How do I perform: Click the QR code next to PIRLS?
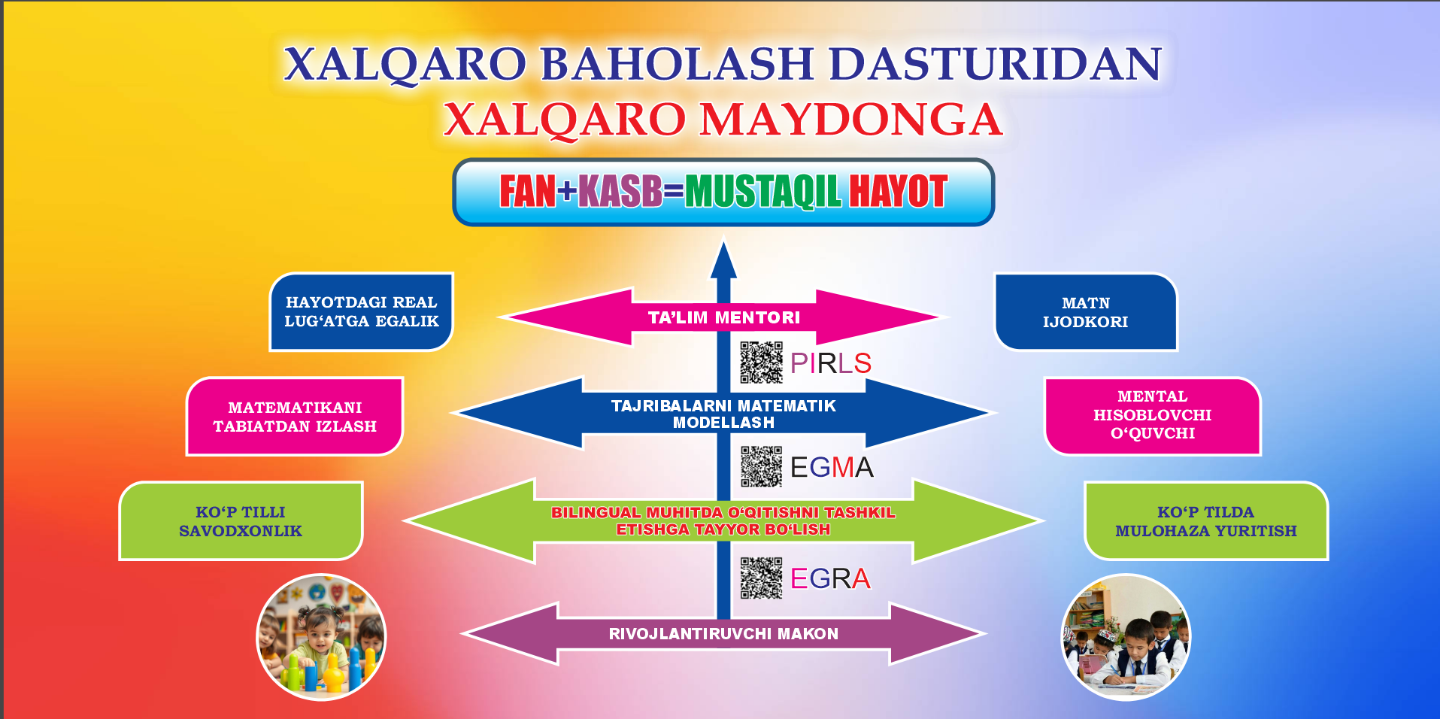coord(761,363)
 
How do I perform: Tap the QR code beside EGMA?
coord(761,467)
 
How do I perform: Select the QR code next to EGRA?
coord(761,578)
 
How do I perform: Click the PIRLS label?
coord(830,363)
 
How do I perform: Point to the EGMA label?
coord(832,467)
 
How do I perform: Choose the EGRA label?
coord(830,578)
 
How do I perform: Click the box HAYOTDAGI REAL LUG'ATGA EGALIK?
coord(361,311)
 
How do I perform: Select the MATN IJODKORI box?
coord(1085,312)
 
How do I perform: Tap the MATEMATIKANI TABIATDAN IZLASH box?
coord(295,417)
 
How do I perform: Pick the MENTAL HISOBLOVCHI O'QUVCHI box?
coord(1152,415)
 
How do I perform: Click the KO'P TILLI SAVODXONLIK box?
coord(241,521)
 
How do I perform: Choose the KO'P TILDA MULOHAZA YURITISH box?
coord(1205,521)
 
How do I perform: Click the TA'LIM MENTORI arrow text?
coord(723,317)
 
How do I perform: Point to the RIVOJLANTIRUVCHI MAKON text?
coord(723,634)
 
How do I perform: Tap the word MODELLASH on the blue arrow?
coord(723,423)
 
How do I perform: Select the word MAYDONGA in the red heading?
coord(851,120)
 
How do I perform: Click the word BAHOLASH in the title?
coord(677,63)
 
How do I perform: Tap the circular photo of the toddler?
coord(322,638)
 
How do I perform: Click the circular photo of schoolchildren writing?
coord(1126,638)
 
